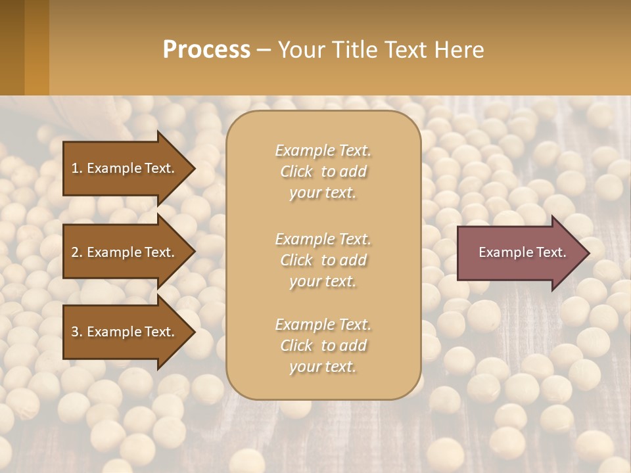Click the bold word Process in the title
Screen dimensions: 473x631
[x=206, y=50]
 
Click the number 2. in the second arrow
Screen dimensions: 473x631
[x=77, y=252]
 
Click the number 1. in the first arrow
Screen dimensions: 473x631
[x=77, y=168]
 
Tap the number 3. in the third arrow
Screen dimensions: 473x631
[x=77, y=332]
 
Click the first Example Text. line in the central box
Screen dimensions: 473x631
[x=323, y=150]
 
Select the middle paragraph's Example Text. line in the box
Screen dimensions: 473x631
[x=323, y=238]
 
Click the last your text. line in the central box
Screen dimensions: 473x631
[x=323, y=367]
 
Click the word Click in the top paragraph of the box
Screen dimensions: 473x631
[x=296, y=171]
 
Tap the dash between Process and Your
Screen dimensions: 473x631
[x=264, y=50]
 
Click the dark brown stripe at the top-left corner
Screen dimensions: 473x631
[x=12, y=47]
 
